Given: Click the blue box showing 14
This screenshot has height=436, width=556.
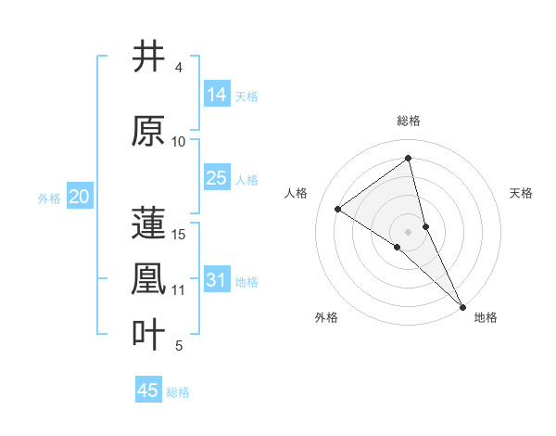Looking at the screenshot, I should tap(217, 95).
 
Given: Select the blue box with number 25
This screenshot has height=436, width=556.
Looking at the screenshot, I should tap(217, 178).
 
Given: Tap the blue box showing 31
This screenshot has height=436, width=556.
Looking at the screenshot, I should tap(217, 280).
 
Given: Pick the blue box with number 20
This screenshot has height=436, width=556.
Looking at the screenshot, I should tap(80, 197).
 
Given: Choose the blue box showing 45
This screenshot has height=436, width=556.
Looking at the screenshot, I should tap(148, 391).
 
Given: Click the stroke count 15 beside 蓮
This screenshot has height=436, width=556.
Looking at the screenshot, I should tap(180, 234).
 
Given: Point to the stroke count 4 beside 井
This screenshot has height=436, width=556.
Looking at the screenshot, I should tap(179, 68).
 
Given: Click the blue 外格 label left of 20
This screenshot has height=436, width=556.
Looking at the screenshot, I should tap(49, 198).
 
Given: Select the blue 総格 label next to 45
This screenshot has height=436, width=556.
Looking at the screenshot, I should tap(178, 391).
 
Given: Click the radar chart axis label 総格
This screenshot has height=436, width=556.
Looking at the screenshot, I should tap(409, 121).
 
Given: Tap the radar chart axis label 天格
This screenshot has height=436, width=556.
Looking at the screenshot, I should tap(522, 193).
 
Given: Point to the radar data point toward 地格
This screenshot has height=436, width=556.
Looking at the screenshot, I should tap(462, 305).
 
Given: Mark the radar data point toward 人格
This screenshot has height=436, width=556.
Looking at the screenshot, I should tap(338, 209).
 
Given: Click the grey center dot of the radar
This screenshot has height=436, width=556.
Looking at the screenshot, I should tap(409, 231).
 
